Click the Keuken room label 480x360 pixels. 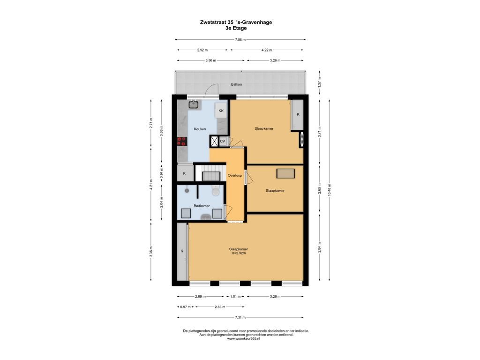(x=200, y=129)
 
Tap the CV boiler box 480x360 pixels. (x=223, y=141)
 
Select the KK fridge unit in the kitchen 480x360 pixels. (x=221, y=111)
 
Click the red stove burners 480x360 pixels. (x=181, y=141)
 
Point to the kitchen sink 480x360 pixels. (x=193, y=105)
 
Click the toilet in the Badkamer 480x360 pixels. (x=216, y=191)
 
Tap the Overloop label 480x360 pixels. (x=235, y=175)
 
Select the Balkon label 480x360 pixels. (x=236, y=84)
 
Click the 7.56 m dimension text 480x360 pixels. (x=240, y=39)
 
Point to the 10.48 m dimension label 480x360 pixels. (x=329, y=190)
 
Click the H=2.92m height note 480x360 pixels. (x=239, y=253)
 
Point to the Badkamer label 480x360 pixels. (x=202, y=206)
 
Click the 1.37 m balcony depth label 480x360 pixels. (x=319, y=82)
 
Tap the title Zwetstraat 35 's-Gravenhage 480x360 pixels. (x=236, y=22)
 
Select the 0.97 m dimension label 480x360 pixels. (x=185, y=307)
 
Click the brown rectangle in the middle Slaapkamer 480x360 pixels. (x=285, y=173)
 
